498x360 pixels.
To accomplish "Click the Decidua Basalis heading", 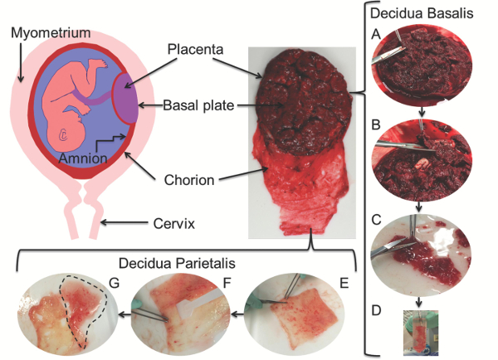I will tap(424, 14).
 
